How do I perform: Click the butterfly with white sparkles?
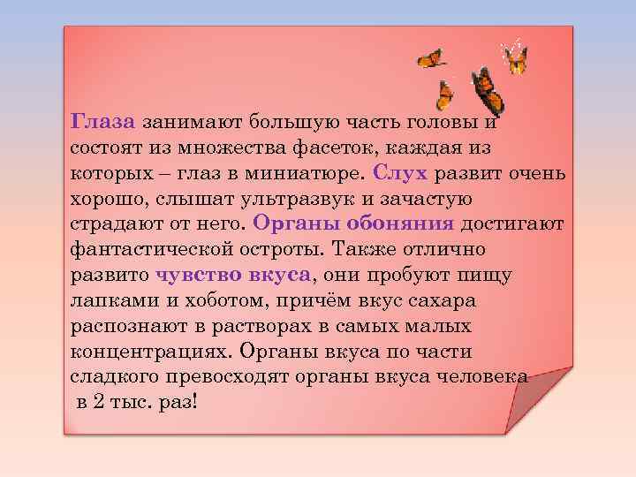[x=514, y=57]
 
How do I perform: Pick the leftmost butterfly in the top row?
[x=430, y=58]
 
